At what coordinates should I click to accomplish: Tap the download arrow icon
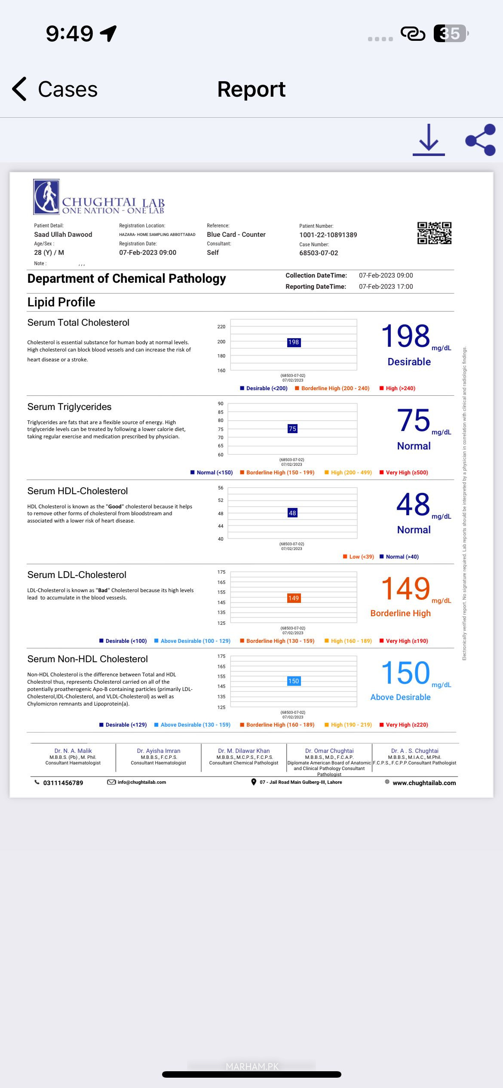429,140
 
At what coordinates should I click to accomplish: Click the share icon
481,140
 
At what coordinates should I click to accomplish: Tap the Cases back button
55,89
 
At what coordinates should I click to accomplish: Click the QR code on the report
434,233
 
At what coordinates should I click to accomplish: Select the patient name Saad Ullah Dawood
63,235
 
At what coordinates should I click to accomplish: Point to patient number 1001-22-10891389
328,235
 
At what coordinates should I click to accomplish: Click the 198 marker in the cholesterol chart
294,342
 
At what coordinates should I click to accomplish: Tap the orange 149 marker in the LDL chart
294,598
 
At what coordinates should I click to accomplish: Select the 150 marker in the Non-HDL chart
294,681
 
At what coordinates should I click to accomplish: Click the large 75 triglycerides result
413,420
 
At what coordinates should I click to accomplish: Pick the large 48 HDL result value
413,504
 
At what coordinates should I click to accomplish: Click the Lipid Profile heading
61,302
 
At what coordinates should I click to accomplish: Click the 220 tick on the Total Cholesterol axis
221,327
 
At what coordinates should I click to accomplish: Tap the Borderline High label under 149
400,613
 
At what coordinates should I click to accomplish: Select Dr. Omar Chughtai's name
329,751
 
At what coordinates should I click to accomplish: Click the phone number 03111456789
63,783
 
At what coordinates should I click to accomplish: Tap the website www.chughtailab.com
424,783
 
